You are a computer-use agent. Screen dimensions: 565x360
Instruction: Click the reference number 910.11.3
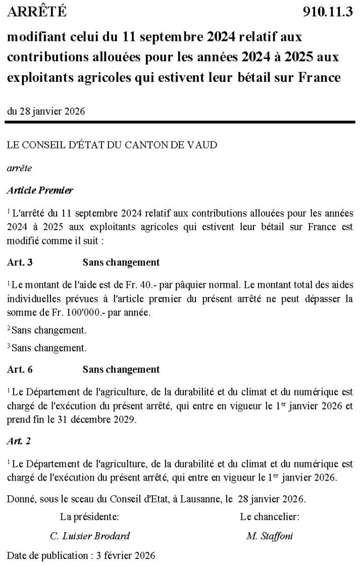pyautogui.click(x=327, y=12)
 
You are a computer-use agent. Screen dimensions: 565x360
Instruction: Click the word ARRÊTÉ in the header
pyautogui.click(x=36, y=12)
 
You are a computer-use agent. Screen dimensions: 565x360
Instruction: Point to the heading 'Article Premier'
pyautogui.click(x=40, y=190)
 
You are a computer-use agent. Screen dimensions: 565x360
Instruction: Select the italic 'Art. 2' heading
pyautogui.click(x=19, y=441)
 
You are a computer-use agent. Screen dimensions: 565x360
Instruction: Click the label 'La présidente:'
pyautogui.click(x=90, y=517)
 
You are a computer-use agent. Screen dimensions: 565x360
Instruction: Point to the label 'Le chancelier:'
pyautogui.click(x=270, y=517)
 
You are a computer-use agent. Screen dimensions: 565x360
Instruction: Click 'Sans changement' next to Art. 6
pyautogui.click(x=121, y=369)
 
